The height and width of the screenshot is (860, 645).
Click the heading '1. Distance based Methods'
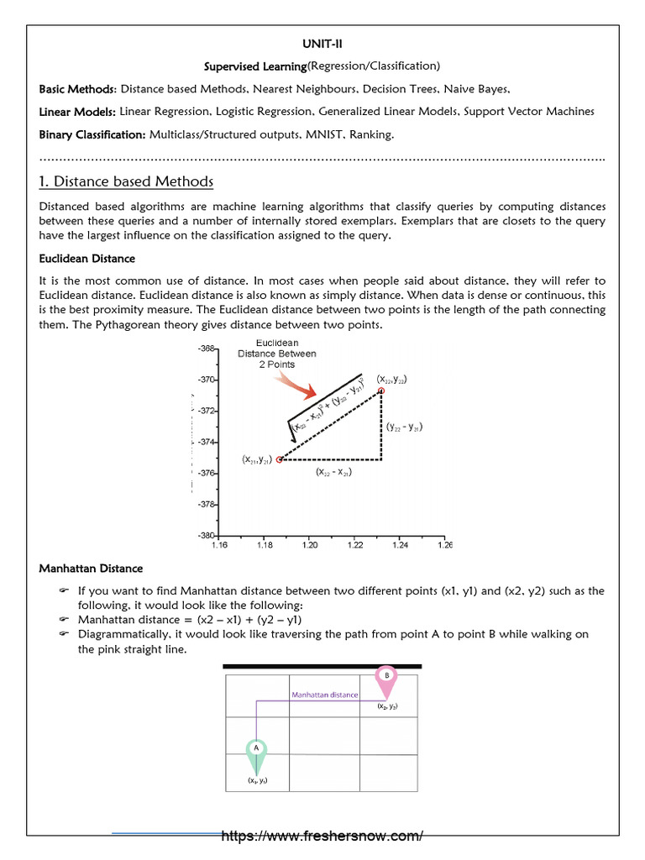click(x=126, y=182)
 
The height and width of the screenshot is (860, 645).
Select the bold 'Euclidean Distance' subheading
click(x=87, y=259)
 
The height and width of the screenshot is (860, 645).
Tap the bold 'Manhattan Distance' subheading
click(x=91, y=569)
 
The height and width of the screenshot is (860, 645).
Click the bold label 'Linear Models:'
click(x=78, y=111)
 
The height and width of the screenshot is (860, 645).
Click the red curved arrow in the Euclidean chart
click(x=295, y=385)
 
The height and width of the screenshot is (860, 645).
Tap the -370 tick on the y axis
click(x=207, y=380)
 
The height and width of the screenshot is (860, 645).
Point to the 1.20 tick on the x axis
click(x=309, y=545)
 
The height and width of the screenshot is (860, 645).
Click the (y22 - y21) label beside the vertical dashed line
click(x=404, y=427)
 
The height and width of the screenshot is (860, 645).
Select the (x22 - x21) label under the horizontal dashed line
click(x=333, y=473)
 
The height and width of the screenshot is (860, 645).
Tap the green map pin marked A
click(x=256, y=753)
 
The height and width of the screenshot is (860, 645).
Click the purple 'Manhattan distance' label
click(x=324, y=695)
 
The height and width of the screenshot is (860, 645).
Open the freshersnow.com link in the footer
click(x=322, y=836)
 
